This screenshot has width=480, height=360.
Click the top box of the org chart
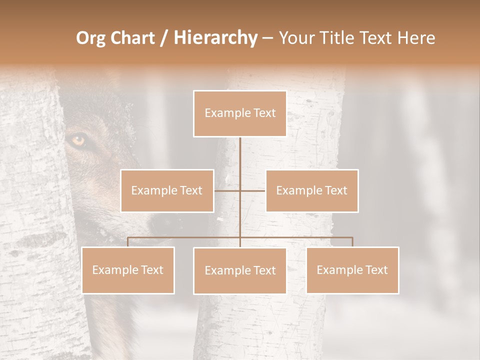coord(240,113)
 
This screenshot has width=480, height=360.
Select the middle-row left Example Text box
coord(167,190)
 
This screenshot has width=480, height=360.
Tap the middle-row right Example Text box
coord(311,190)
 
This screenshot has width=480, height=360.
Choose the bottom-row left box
coord(128,270)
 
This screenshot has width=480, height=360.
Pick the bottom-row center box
coord(240,270)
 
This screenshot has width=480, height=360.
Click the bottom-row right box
coord(352,270)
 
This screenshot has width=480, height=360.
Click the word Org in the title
coord(91,38)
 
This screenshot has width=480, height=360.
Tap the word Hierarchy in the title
coord(215,38)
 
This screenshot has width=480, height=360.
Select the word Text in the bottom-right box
coord(376,270)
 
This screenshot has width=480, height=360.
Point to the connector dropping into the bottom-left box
coord(128,242)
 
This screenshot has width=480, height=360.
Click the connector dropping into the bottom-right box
coord(352,242)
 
